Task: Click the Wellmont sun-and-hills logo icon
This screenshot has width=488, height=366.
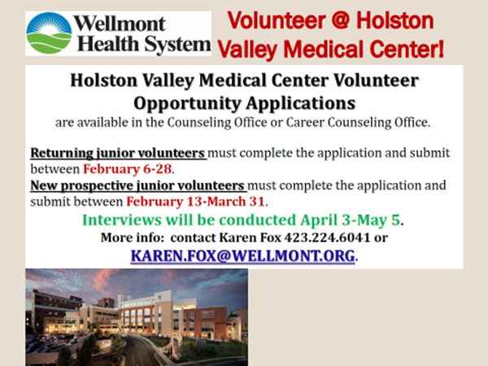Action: pyautogui.click(x=49, y=33)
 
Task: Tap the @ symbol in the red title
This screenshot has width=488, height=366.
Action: pyautogui.click(x=341, y=21)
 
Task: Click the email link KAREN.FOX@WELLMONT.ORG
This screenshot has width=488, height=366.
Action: pyautogui.click(x=242, y=256)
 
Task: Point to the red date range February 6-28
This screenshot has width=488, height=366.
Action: pyautogui.click(x=128, y=169)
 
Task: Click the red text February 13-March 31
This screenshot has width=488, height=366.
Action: pyautogui.click(x=195, y=202)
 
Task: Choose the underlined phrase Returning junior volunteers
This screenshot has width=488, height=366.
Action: pyautogui.click(x=117, y=153)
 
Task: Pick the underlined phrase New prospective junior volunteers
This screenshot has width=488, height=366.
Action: pyautogui.click(x=137, y=185)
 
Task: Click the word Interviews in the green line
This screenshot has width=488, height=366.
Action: pyautogui.click(x=122, y=220)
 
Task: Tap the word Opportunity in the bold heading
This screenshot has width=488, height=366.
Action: pyautogui.click(x=185, y=103)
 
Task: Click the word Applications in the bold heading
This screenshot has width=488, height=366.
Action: pyautogui.click(x=297, y=103)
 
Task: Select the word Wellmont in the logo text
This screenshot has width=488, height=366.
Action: pyautogui.click(x=120, y=24)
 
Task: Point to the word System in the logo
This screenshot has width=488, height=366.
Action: pyautogui.click(x=177, y=44)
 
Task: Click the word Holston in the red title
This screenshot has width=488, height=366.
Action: pyautogui.click(x=395, y=21)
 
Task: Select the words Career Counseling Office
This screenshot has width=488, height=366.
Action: pyautogui.click(x=357, y=123)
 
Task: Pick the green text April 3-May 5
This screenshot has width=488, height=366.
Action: pyautogui.click(x=350, y=220)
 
